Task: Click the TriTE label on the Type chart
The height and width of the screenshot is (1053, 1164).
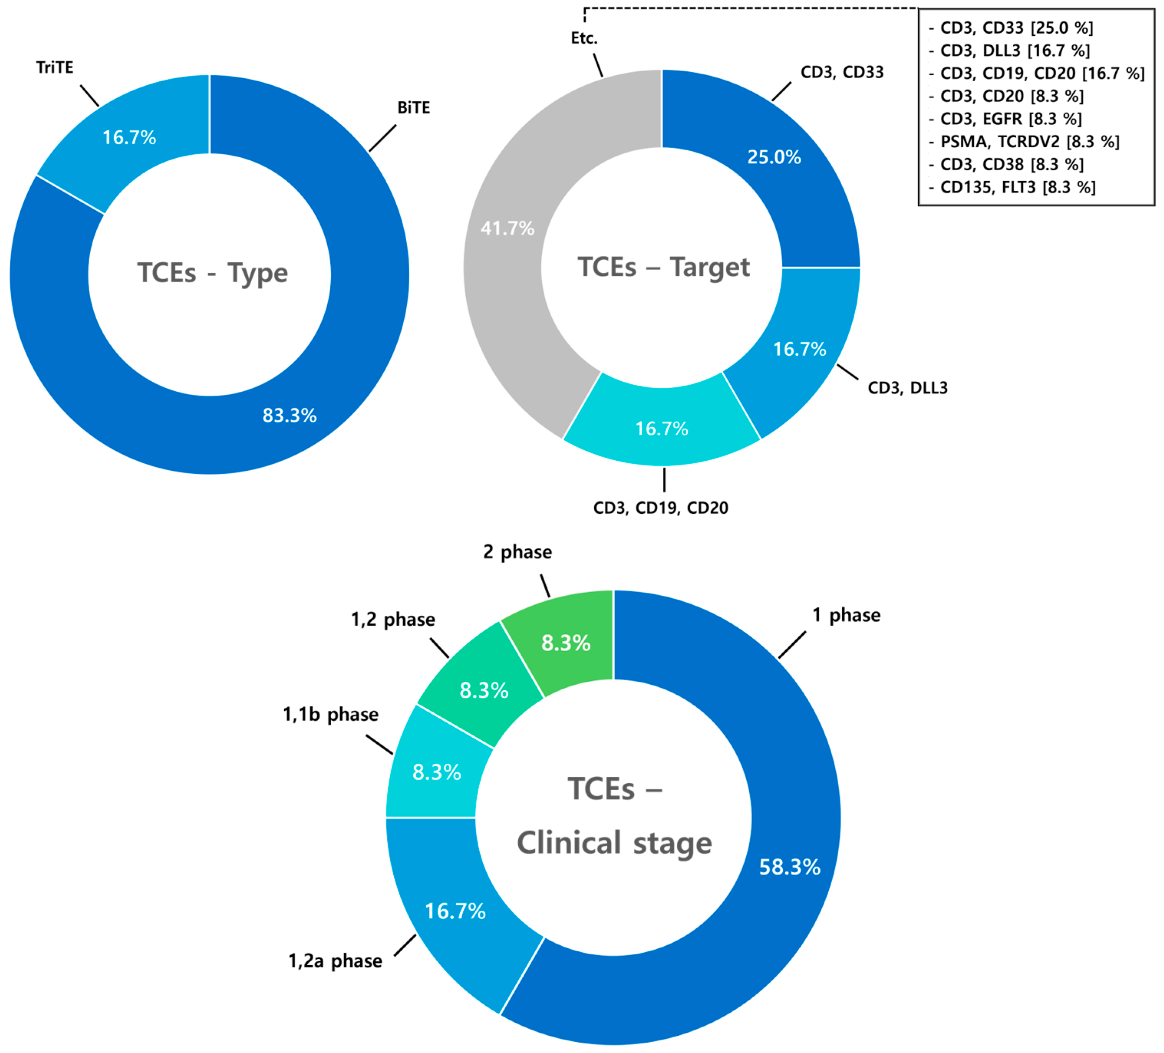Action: click(x=55, y=68)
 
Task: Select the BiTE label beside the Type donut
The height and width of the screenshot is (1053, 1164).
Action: click(x=414, y=108)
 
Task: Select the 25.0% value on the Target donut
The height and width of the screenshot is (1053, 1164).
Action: click(x=774, y=157)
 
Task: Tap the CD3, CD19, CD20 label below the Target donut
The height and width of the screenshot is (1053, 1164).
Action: click(x=661, y=508)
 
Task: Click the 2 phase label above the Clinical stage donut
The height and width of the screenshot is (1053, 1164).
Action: click(x=517, y=552)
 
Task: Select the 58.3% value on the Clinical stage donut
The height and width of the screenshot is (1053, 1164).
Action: click(x=789, y=867)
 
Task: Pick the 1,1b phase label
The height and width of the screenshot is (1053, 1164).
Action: click(x=330, y=714)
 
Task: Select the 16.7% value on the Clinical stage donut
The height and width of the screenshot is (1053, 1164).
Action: click(x=455, y=911)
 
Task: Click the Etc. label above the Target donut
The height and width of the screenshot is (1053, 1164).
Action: click(x=584, y=38)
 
